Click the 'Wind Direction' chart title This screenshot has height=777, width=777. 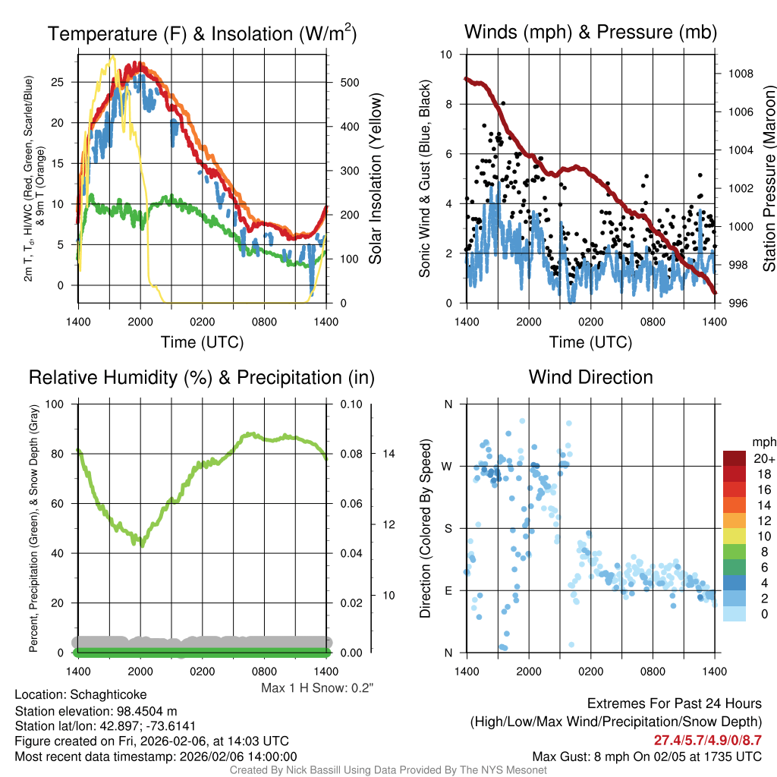coord(590,377)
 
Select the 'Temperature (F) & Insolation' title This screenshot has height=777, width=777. coord(202,34)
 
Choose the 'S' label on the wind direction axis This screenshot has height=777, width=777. coord(448,528)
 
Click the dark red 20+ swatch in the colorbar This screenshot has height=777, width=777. coord(735,458)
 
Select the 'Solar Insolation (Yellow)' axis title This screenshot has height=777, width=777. coord(375,178)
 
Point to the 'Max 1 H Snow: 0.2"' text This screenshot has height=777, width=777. coord(318,688)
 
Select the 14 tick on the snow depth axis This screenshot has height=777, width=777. coord(388,454)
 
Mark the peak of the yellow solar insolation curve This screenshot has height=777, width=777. coord(112,56)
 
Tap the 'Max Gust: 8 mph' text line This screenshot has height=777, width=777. coord(647,757)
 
